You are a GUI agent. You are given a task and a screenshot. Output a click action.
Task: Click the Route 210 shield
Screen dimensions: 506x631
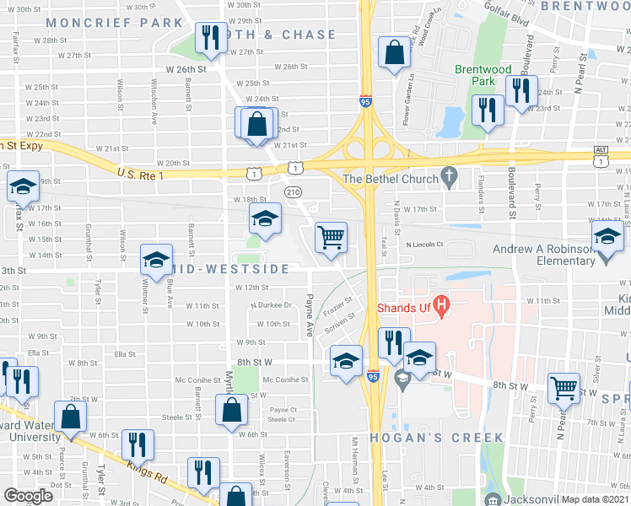click(292, 193)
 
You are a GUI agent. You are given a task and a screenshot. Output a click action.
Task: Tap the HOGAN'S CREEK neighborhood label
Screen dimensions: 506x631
click(437, 438)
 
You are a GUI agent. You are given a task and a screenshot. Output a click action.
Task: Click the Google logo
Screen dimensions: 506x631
click(29, 495)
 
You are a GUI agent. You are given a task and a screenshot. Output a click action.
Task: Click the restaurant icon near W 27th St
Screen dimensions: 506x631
click(208, 37)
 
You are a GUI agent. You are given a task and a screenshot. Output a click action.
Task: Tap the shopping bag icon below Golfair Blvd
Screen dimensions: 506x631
click(393, 52)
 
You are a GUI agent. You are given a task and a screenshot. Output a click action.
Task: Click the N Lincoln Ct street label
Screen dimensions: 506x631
click(424, 245)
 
